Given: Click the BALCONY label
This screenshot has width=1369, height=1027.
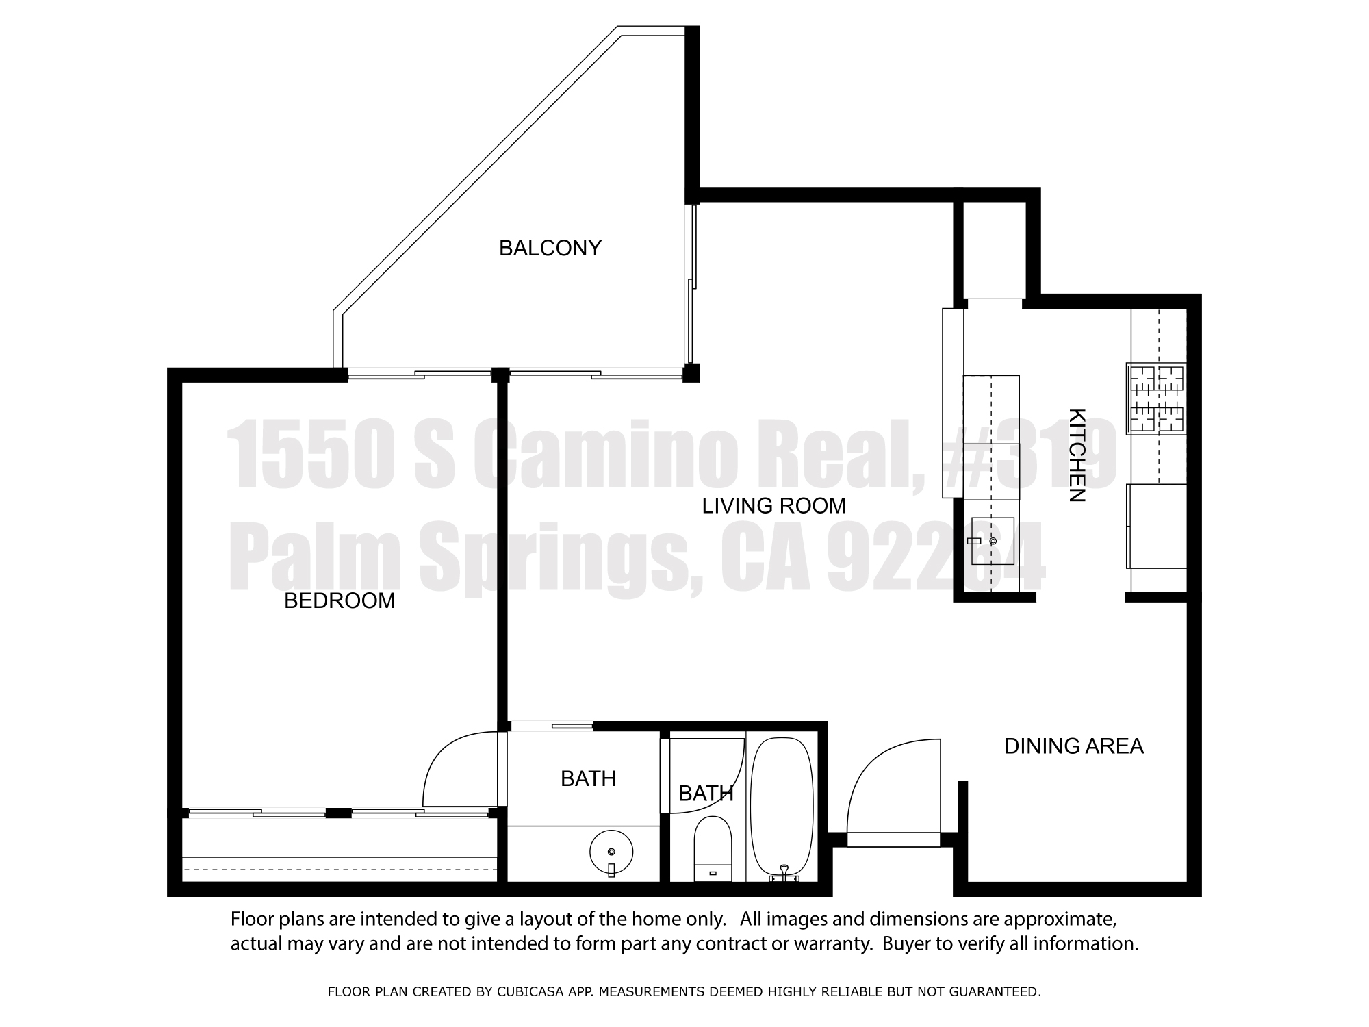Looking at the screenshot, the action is pyautogui.click(x=550, y=248).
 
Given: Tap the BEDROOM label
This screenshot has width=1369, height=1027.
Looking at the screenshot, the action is pyautogui.click(x=340, y=600).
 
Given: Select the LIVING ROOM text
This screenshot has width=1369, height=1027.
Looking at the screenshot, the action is pyautogui.click(x=774, y=506).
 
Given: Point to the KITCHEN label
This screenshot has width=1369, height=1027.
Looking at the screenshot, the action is pyautogui.click(x=1077, y=455).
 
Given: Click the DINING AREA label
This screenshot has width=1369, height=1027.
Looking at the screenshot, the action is pyautogui.click(x=1073, y=746).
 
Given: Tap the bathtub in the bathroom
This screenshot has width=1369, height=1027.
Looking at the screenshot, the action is pyautogui.click(x=782, y=809).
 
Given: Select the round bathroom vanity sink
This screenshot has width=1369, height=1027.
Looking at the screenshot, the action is pyautogui.click(x=611, y=852).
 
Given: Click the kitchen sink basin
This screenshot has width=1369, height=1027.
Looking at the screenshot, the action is pyautogui.click(x=993, y=541).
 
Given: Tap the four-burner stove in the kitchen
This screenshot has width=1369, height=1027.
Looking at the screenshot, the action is pyautogui.click(x=1156, y=398).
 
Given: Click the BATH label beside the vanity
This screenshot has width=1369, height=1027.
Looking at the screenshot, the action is pyautogui.click(x=588, y=778).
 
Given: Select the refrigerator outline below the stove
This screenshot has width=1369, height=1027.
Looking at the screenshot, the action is pyautogui.click(x=1156, y=526).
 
